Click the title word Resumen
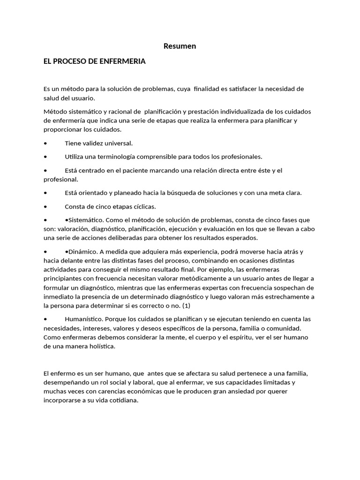(180, 46)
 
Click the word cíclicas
(142, 206)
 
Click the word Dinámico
(83, 251)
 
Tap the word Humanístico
(83, 319)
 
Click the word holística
(100, 346)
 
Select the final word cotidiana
(123, 400)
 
